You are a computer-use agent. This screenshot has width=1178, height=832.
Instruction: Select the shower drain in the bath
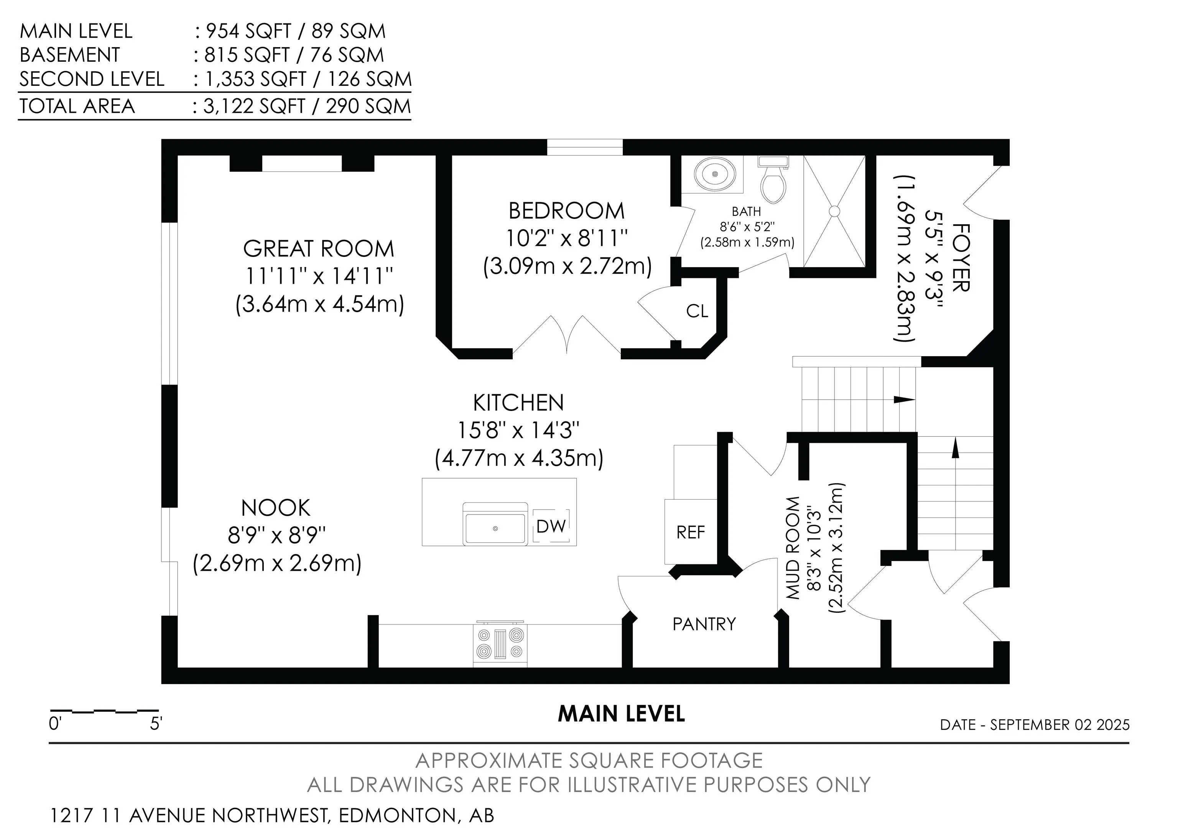(x=834, y=211)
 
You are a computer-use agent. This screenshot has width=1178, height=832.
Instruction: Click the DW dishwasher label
(x=551, y=526)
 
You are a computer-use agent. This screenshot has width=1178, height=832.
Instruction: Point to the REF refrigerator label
(x=691, y=533)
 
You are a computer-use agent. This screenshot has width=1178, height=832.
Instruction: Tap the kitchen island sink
(x=495, y=524)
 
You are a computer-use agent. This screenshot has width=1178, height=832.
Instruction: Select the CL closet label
(x=697, y=311)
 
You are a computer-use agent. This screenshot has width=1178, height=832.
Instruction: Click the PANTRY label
(x=704, y=624)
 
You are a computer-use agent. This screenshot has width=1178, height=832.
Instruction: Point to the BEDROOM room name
(x=566, y=211)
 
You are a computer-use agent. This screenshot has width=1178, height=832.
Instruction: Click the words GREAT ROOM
(x=318, y=249)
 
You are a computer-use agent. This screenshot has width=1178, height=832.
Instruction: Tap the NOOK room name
(x=276, y=508)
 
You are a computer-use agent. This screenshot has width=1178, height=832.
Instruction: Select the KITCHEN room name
(x=518, y=403)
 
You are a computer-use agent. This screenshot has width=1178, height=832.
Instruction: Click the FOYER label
(x=961, y=258)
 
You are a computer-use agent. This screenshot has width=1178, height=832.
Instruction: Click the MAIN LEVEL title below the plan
(x=621, y=714)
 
